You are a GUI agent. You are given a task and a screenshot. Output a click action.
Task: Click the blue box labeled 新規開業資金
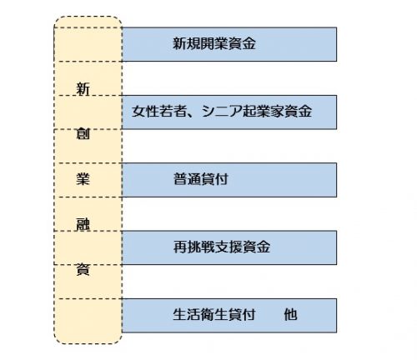(x=229, y=44)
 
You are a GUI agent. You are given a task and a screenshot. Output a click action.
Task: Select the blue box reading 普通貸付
(x=229, y=180)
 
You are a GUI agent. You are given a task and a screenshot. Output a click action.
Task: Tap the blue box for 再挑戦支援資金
(x=229, y=247)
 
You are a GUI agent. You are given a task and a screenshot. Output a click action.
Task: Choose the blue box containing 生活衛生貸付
(x=229, y=316)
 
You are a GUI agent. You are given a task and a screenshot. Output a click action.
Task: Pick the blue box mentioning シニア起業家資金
(x=229, y=112)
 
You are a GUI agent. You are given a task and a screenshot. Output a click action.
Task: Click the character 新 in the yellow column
(x=83, y=89)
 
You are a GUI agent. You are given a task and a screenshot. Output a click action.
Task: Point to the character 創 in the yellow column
(x=83, y=134)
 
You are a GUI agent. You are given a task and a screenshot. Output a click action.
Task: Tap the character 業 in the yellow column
(x=83, y=179)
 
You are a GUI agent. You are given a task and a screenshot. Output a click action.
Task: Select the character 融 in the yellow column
(x=83, y=224)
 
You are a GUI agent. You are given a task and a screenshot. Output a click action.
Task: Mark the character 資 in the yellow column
(x=83, y=269)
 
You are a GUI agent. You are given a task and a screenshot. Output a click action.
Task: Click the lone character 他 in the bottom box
(x=290, y=315)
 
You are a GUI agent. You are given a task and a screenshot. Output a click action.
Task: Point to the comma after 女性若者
(x=193, y=115)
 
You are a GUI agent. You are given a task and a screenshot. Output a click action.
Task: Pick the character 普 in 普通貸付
(x=180, y=179)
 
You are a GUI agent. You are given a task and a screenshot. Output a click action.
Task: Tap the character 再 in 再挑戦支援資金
(x=180, y=247)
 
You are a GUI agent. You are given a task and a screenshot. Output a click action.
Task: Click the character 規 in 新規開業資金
(x=193, y=43)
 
